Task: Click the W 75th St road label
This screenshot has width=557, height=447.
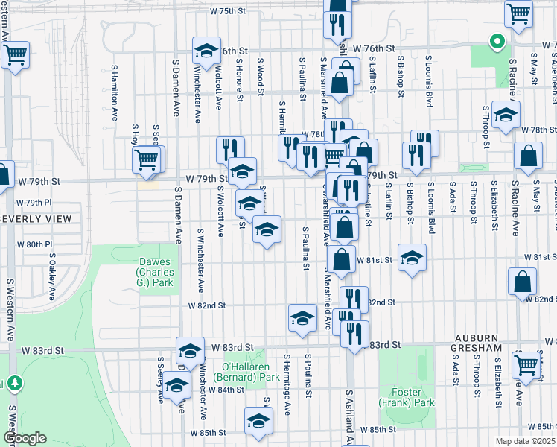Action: click(227, 12)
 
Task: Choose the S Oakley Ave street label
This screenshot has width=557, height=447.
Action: click(51, 276)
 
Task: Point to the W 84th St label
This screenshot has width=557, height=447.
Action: click(227, 390)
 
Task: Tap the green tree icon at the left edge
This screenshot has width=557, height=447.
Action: click(13, 383)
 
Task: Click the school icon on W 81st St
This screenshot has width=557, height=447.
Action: click(412, 258)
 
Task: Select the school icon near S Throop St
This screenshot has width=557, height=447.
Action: click(506, 115)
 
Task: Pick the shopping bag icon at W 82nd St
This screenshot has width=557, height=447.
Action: click(522, 282)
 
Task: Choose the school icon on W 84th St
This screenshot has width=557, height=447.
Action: click(176, 384)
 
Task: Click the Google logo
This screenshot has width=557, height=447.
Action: click(24, 438)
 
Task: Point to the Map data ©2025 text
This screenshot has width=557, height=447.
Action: click(526, 441)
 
